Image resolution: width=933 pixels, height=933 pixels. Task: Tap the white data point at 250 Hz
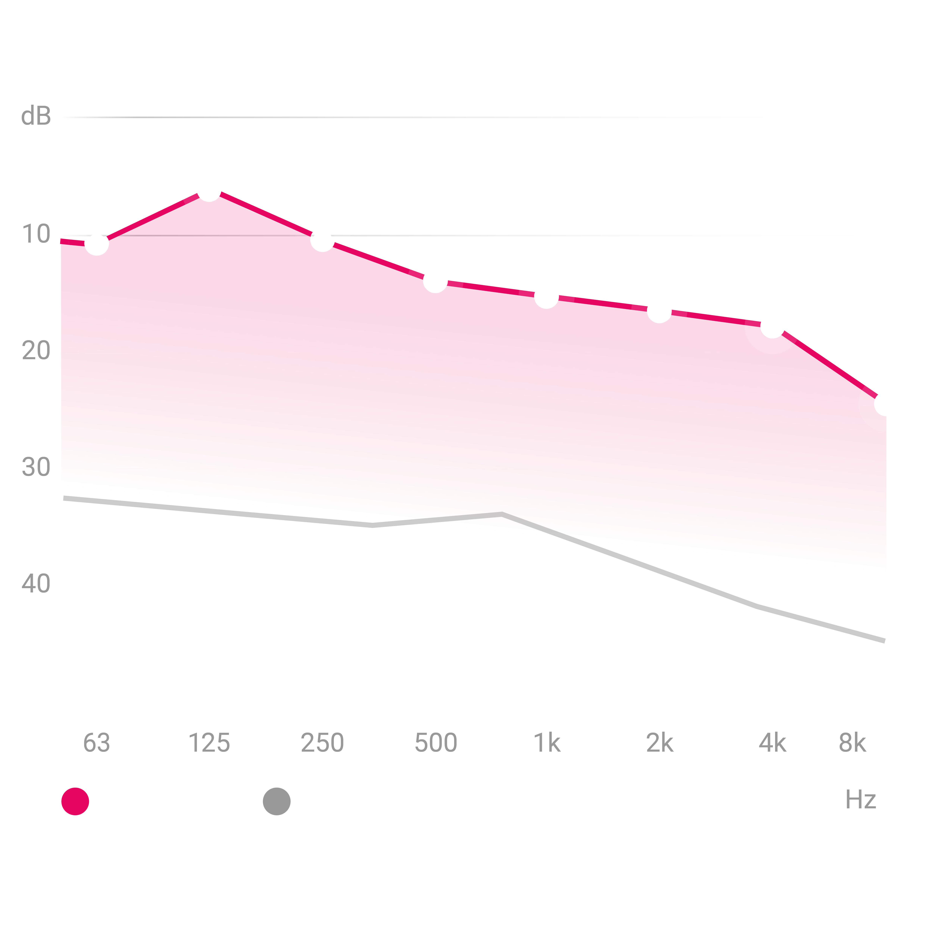tap(322, 240)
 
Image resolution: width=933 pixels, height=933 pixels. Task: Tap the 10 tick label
tap(36, 235)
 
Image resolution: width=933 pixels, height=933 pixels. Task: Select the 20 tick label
tap(36, 351)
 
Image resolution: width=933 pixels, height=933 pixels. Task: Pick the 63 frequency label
tap(97, 743)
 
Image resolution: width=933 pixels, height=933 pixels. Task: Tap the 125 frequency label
tap(209, 743)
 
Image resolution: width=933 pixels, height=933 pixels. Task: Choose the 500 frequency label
tap(436, 743)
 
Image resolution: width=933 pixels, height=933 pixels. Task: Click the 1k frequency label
tap(547, 743)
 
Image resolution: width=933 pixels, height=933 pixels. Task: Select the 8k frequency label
tap(852, 743)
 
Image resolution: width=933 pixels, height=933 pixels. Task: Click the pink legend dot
tap(75, 801)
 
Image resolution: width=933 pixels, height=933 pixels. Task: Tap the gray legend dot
tap(277, 801)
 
